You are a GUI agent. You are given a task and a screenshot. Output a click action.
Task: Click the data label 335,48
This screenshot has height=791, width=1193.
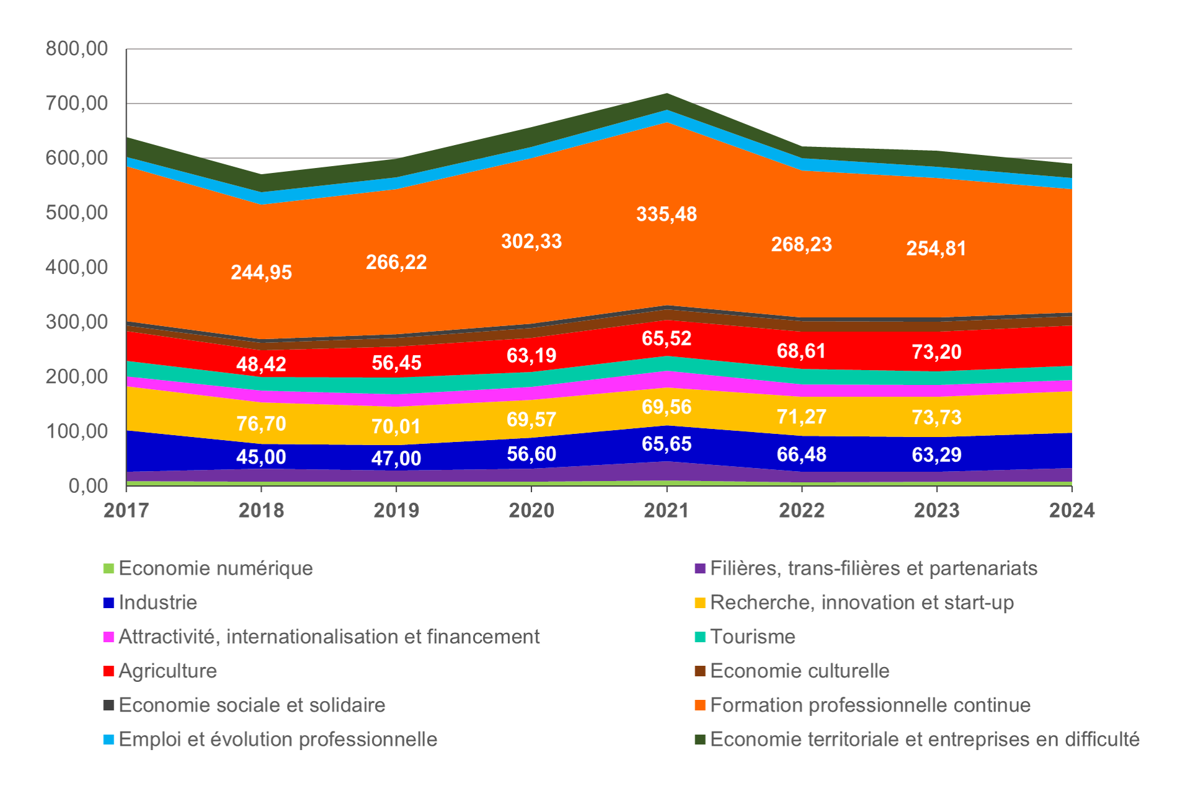point(667,214)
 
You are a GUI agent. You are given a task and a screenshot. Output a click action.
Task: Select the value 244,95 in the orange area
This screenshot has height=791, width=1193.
point(261,273)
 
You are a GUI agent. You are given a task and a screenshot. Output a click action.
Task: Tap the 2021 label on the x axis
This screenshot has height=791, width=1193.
point(667,510)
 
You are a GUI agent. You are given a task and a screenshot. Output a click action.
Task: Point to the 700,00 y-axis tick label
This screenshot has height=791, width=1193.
point(77,104)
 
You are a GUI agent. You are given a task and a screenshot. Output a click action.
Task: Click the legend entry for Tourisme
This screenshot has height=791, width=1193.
point(752,637)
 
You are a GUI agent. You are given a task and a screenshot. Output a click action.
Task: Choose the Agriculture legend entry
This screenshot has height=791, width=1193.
point(167,671)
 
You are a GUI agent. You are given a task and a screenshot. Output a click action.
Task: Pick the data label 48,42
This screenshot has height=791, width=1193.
point(261,365)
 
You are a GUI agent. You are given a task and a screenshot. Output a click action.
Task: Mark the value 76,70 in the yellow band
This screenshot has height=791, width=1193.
point(261,424)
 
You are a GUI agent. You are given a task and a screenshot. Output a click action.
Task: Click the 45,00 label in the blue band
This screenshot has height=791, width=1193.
point(261,457)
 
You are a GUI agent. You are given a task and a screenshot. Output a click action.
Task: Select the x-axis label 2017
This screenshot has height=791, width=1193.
point(126,510)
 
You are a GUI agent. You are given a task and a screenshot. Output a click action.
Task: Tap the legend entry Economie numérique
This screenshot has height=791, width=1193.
point(215,568)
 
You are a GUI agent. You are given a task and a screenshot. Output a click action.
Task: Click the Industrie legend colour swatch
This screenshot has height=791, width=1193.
point(109,603)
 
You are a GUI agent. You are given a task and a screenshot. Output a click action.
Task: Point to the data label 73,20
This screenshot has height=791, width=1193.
point(936,352)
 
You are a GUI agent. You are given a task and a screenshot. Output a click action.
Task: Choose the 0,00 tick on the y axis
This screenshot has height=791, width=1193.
point(88,486)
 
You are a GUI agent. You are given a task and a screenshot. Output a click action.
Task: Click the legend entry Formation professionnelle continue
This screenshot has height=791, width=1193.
point(870,705)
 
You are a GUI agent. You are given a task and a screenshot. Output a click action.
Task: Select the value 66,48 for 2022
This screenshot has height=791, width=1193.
point(801,455)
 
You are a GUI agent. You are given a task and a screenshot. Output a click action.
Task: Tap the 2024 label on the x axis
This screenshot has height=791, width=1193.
point(1072,510)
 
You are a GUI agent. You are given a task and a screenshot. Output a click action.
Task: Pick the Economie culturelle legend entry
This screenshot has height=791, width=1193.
point(799,671)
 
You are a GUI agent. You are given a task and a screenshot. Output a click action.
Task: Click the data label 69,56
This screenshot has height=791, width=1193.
point(667,407)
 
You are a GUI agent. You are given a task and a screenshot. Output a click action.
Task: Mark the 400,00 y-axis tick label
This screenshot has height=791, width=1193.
point(77,267)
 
